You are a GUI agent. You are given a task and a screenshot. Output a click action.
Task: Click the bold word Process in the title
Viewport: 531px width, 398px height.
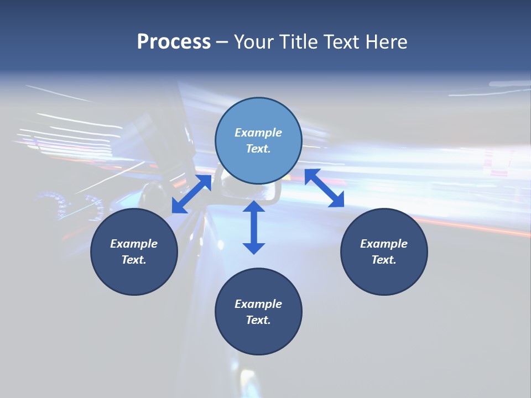(174, 42)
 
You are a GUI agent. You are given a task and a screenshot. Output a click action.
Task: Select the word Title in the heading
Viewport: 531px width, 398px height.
(302, 42)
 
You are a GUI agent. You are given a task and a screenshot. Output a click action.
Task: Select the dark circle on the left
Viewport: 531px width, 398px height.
(134, 252)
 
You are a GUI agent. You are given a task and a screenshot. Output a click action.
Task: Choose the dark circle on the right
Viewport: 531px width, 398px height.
(384, 252)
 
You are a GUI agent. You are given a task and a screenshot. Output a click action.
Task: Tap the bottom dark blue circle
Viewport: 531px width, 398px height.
(258, 312)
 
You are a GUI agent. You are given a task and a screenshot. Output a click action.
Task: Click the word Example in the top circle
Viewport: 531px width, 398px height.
(258, 133)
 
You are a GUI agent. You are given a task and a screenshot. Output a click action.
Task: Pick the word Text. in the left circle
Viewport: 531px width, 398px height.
(134, 260)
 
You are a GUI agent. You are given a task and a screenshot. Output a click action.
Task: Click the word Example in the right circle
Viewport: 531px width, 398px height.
(384, 244)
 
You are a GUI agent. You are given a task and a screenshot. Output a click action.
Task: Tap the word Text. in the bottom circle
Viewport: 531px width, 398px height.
(258, 320)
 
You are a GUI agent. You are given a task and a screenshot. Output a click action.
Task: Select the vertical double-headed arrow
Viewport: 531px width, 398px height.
(254, 227)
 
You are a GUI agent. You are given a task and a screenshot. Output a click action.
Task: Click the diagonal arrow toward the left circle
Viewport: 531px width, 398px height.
(191, 194)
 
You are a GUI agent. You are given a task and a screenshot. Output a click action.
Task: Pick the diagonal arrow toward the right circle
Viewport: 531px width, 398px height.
(324, 188)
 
